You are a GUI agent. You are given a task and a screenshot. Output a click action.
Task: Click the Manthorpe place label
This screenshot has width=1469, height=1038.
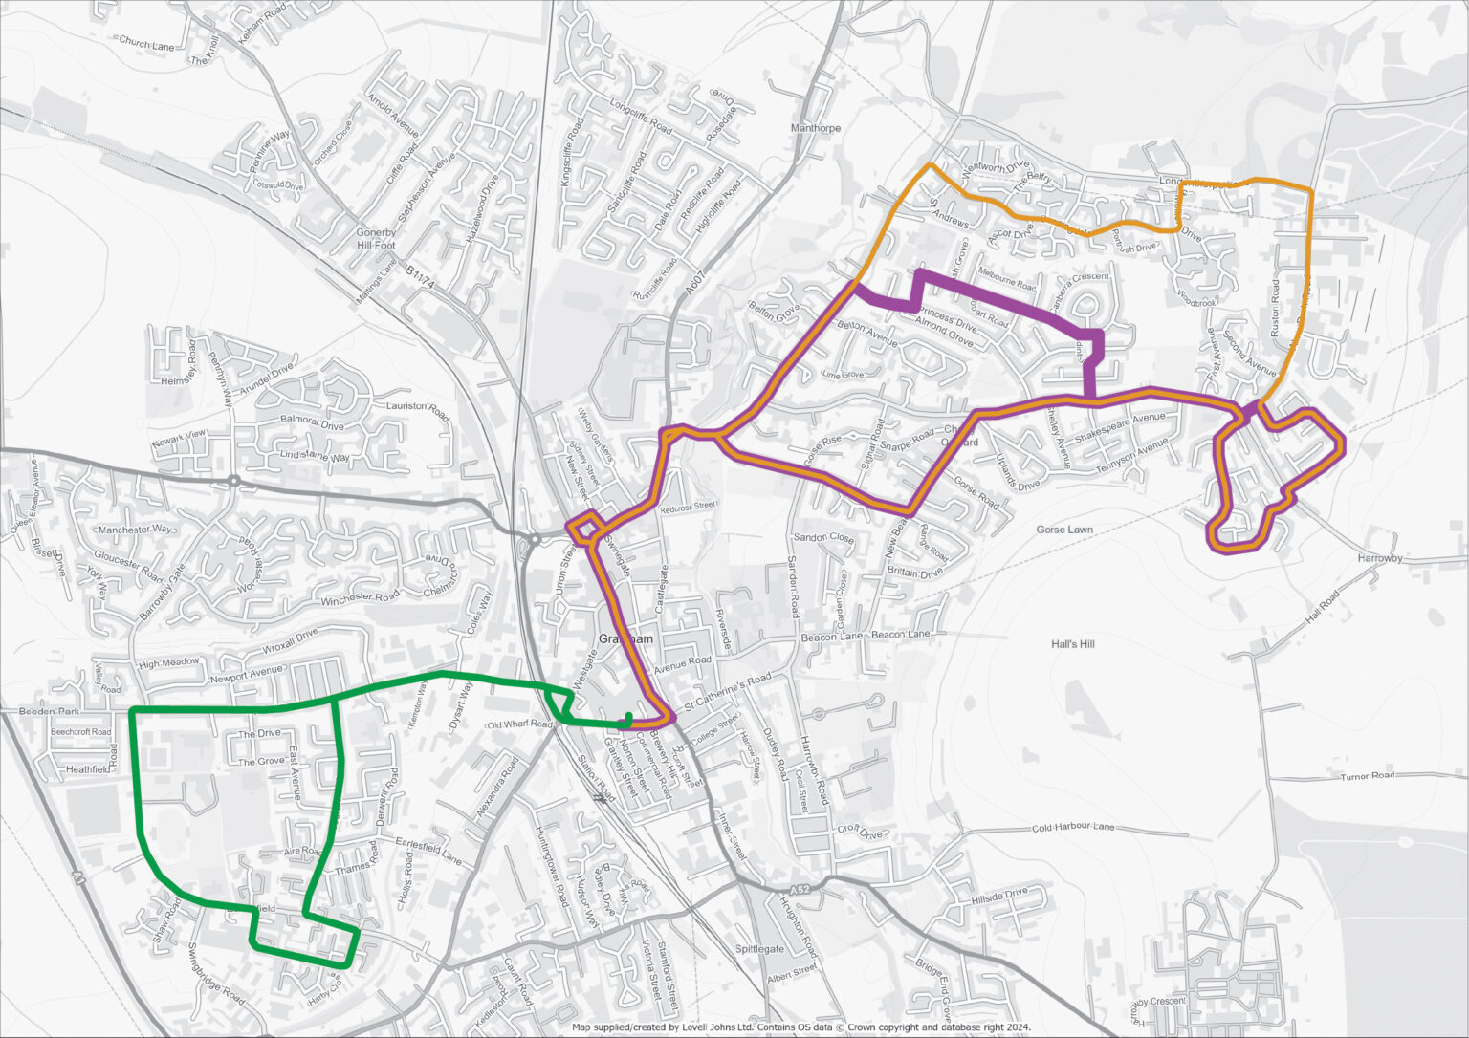tap(816, 128)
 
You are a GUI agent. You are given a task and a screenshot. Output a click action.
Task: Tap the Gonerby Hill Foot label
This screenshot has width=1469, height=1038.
tap(376, 239)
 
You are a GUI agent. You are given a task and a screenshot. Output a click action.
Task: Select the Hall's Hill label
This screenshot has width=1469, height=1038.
tap(1072, 644)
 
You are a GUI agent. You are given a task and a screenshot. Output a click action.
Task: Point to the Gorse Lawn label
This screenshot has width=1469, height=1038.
tap(1064, 530)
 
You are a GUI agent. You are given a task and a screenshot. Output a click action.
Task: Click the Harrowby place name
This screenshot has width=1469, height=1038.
tap(1379, 557)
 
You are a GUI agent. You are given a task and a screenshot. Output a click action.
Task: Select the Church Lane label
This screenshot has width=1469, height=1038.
tap(146, 43)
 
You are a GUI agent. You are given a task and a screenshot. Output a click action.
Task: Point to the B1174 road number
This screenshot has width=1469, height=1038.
tap(419, 272)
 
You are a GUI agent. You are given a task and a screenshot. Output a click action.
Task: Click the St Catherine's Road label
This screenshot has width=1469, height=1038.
tap(725, 694)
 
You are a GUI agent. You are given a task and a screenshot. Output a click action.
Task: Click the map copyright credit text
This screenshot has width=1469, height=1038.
tap(801, 1027)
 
